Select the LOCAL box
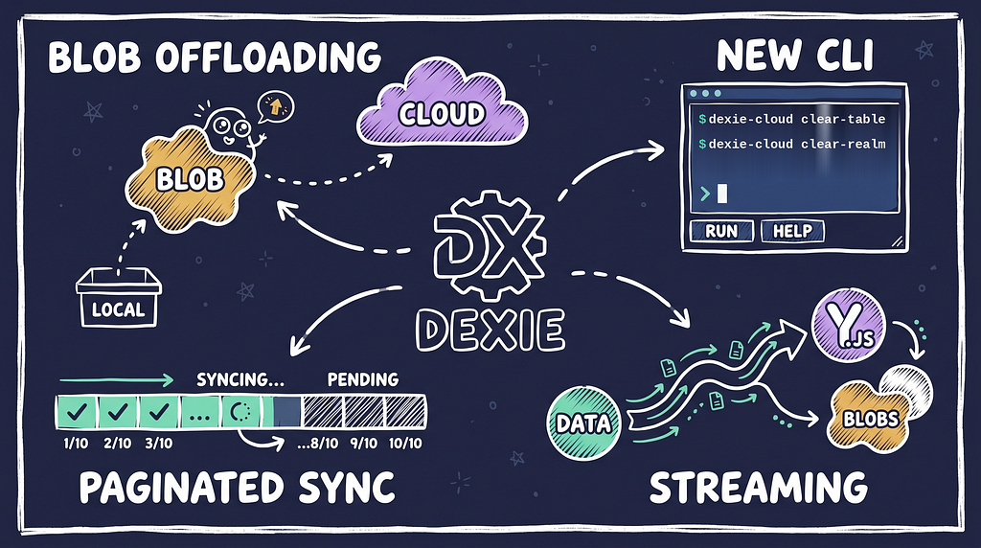pos(118,298)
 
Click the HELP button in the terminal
pos(792,231)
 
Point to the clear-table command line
pos(792,119)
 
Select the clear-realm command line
pos(792,144)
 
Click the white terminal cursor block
pos(722,194)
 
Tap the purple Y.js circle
pos(849,327)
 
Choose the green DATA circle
pos(583,422)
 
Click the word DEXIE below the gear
pos(490,330)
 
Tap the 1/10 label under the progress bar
pos(76,444)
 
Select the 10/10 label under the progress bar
pos(405,444)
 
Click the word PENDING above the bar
pos(363,379)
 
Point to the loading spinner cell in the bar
pos(240,411)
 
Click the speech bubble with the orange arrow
pos(275,107)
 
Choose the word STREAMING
pos(759,488)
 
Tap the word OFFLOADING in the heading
pos(268,57)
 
